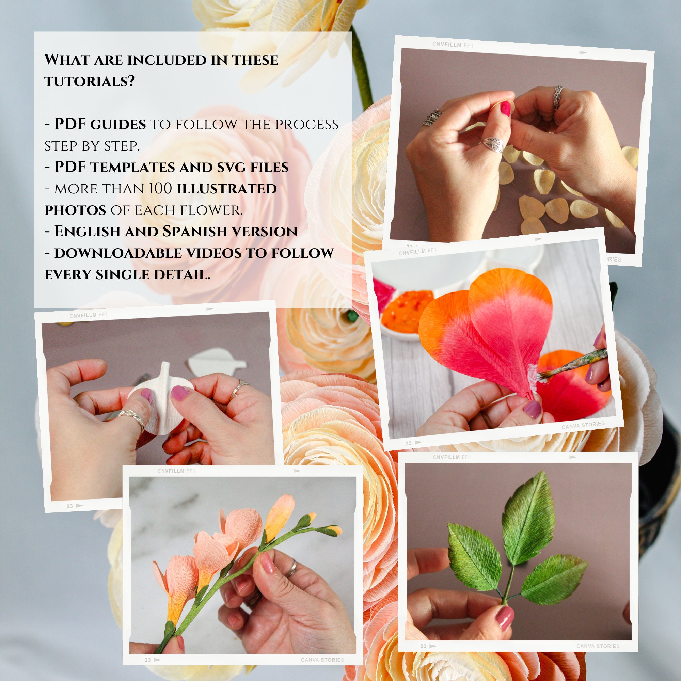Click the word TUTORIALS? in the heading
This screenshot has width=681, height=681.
click(90, 81)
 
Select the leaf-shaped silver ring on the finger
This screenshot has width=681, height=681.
click(492, 144)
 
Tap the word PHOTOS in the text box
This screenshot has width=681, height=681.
click(75, 210)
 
